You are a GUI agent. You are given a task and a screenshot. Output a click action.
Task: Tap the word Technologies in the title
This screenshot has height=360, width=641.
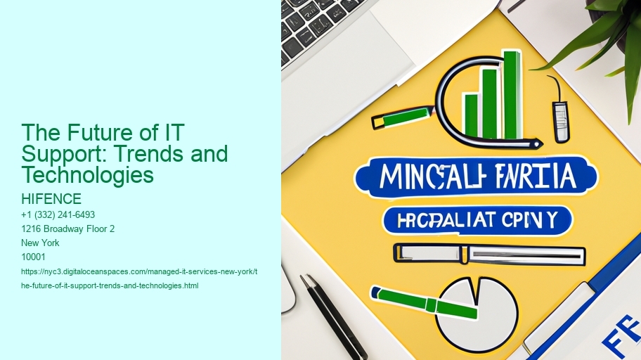pyautogui.click(x=87, y=174)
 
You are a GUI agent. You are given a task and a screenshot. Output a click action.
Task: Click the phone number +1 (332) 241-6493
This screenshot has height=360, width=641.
pyautogui.click(x=58, y=214)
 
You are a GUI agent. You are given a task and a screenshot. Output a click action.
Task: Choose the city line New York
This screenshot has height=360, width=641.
pyautogui.click(x=40, y=243)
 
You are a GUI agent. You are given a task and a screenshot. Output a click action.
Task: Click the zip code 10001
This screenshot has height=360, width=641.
pyautogui.click(x=33, y=257)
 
